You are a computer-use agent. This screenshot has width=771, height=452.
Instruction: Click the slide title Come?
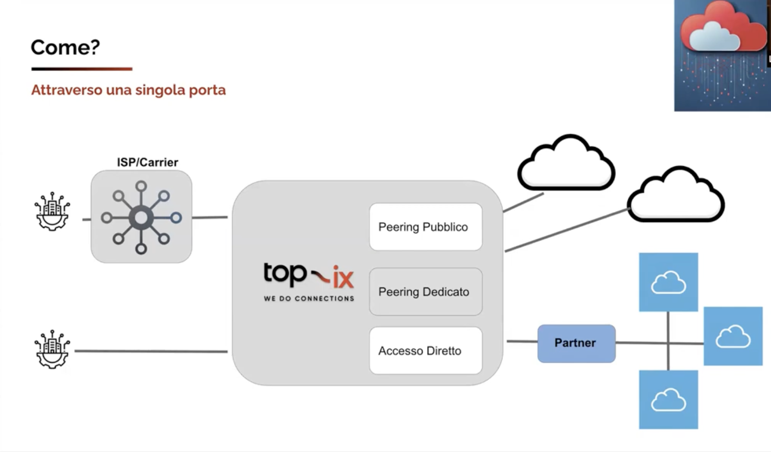(x=65, y=47)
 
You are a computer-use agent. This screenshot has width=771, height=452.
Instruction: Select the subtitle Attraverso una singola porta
(x=128, y=90)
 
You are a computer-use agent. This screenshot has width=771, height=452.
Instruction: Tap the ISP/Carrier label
(x=147, y=162)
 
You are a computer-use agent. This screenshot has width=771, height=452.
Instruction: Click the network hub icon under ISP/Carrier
(x=141, y=217)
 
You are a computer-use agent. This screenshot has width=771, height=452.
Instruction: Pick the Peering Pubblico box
(x=425, y=227)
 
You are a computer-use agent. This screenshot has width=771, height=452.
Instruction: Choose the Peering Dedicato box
(x=425, y=292)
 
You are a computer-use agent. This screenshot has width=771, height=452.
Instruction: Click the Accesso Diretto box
(x=425, y=351)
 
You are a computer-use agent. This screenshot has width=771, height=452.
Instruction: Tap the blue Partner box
(x=576, y=343)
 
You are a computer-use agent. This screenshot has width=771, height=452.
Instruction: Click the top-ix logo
(x=308, y=275)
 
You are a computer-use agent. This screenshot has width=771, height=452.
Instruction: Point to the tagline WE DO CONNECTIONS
(x=309, y=299)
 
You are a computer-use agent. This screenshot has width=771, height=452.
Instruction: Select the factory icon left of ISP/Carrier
(x=52, y=212)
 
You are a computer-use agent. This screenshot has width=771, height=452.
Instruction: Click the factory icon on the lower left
(x=52, y=350)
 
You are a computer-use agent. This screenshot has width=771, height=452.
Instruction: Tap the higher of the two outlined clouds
(x=566, y=164)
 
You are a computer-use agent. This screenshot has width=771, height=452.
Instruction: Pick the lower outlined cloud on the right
(x=675, y=195)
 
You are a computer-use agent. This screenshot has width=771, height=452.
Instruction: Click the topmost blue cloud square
(x=668, y=282)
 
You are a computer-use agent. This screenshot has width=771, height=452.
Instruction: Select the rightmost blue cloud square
(x=733, y=336)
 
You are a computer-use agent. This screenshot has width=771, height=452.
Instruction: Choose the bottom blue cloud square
(x=668, y=399)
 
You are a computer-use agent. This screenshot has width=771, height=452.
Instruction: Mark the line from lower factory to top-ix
(x=151, y=351)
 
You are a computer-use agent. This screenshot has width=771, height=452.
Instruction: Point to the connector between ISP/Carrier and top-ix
(x=210, y=217)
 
